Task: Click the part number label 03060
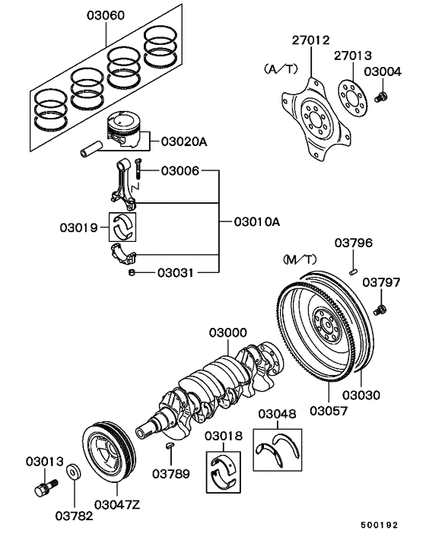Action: (105, 15)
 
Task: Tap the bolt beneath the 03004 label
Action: (382, 96)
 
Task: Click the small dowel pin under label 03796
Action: (353, 268)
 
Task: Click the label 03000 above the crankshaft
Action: (228, 333)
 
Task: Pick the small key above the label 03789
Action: (170, 444)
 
